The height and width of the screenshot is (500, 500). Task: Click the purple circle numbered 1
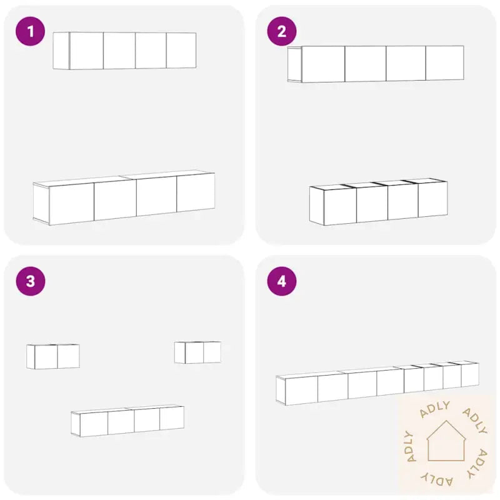point(30,31)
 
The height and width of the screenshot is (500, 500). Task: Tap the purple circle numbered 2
point(282,31)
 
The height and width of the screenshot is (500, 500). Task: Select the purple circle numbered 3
point(30,281)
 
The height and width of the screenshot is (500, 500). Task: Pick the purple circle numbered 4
point(282,281)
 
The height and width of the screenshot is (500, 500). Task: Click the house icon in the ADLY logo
point(446,441)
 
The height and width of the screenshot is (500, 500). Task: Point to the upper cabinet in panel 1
point(124,51)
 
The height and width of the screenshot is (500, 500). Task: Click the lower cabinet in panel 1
point(124,197)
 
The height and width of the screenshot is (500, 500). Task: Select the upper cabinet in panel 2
point(376,64)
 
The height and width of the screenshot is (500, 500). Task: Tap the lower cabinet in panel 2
point(378,202)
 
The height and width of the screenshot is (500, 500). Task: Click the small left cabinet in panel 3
point(53,356)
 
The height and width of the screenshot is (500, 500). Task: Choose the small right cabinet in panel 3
point(197,352)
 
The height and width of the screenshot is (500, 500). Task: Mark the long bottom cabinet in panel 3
point(127,421)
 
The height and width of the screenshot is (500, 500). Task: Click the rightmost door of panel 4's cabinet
point(470,375)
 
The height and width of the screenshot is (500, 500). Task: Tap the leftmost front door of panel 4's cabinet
point(301,391)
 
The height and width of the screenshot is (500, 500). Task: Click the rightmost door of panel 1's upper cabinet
point(181,51)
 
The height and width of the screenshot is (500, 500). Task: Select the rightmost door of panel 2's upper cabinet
point(445,63)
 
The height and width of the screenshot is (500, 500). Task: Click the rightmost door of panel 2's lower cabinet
point(432,199)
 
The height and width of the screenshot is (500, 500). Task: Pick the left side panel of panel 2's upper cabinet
point(294,65)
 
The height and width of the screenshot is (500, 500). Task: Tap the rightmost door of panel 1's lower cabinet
point(196,192)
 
